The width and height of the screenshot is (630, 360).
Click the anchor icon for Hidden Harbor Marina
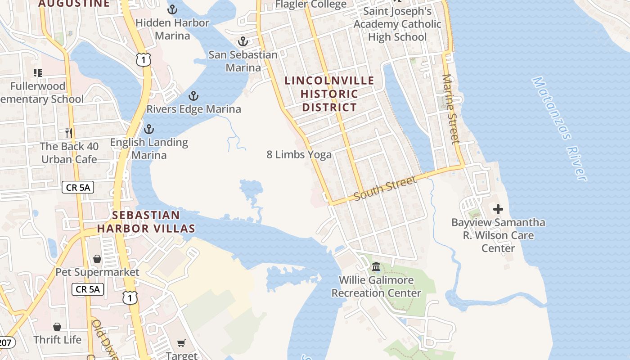(172, 9)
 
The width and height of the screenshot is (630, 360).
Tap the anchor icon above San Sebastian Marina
(243, 42)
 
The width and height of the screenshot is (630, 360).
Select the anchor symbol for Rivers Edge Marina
(193, 96)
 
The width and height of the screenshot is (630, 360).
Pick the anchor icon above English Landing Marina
(148, 130)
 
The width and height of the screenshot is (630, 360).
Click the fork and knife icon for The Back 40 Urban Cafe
(68, 133)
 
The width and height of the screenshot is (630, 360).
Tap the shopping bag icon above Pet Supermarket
(97, 259)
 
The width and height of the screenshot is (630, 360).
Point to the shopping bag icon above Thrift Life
(57, 326)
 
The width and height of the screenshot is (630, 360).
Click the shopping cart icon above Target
(181, 343)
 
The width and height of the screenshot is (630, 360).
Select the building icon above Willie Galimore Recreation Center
(376, 267)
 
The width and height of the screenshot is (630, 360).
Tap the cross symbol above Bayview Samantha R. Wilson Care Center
(498, 209)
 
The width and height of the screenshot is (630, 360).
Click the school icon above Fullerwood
(38, 72)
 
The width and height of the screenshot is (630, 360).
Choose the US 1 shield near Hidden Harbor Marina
(143, 60)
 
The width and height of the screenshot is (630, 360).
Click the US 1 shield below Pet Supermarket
(130, 297)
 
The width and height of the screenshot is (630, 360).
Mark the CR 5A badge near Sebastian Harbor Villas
(78, 187)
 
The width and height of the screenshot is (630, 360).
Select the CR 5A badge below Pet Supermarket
(88, 289)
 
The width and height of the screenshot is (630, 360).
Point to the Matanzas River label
(560, 129)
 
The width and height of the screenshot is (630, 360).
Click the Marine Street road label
(451, 109)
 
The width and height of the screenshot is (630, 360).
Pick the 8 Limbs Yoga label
(299, 155)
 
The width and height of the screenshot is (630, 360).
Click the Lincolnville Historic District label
(329, 94)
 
